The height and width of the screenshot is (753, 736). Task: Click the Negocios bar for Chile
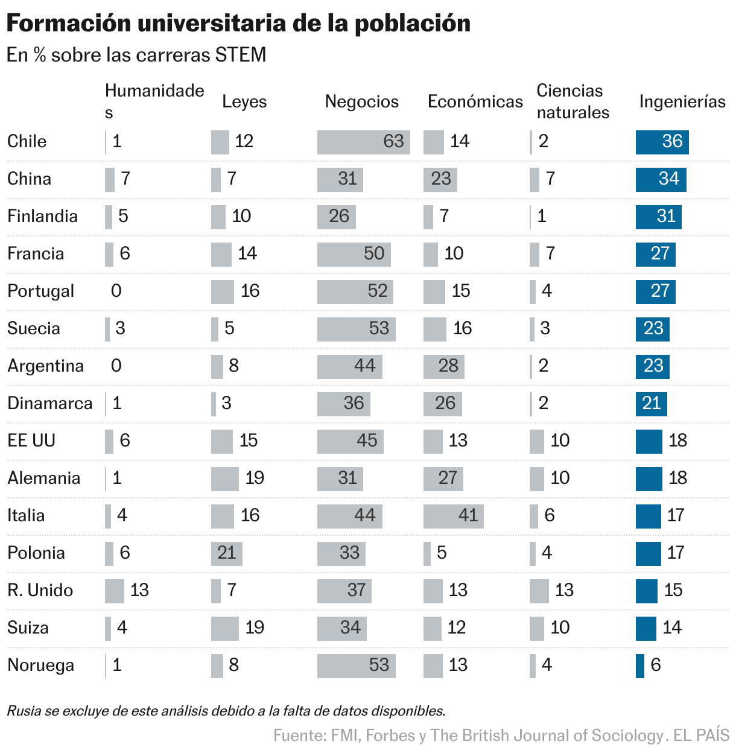[x=363, y=142]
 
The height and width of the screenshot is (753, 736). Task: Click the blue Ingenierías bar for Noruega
[x=640, y=666]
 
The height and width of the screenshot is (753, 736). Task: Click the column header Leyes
[x=244, y=101]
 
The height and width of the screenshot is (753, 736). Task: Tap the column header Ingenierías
[x=682, y=101]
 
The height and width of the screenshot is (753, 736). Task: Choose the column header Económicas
[x=475, y=101]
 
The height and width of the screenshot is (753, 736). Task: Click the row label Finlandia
[x=42, y=216]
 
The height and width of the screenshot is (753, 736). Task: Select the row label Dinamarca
[x=50, y=403]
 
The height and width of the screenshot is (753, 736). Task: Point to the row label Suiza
[x=28, y=627]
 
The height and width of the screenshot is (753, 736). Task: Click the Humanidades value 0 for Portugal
[x=116, y=291]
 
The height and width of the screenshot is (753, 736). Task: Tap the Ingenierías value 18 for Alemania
[x=677, y=478]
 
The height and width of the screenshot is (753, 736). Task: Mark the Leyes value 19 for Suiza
[x=255, y=627]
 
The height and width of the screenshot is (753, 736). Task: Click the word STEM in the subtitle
[x=241, y=55]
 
